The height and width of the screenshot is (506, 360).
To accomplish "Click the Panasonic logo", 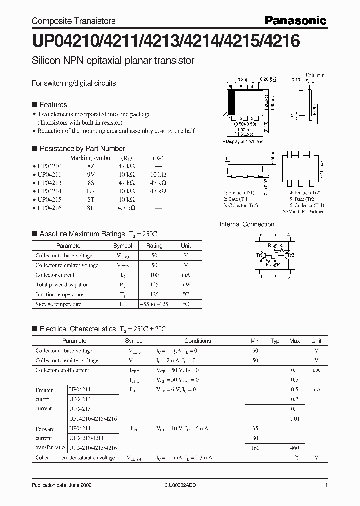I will click(x=296, y=20).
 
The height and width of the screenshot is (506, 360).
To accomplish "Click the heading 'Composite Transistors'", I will click(x=73, y=21).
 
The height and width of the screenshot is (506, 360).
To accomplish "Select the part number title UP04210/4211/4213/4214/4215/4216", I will click(x=165, y=41).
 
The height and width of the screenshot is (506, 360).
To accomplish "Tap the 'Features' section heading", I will click(x=53, y=105).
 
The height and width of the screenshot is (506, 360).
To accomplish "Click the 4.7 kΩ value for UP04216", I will click(x=125, y=207).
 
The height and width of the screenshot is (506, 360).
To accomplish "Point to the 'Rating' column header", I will click(x=154, y=246).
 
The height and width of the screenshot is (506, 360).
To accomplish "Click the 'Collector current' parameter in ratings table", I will click(x=55, y=275).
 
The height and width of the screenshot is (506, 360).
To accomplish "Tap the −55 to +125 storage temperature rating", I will click(x=154, y=304).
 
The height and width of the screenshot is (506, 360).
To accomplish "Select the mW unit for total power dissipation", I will click(x=186, y=285).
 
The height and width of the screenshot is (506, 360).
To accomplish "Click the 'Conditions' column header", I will click(x=198, y=341).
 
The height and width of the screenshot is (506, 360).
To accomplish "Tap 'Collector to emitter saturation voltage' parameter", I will click(x=74, y=458).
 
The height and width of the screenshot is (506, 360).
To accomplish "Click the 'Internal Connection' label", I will click(x=247, y=224).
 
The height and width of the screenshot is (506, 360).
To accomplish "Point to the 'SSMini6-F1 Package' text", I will click(x=303, y=212).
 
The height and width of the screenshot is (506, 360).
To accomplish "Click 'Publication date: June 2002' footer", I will click(x=61, y=485).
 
